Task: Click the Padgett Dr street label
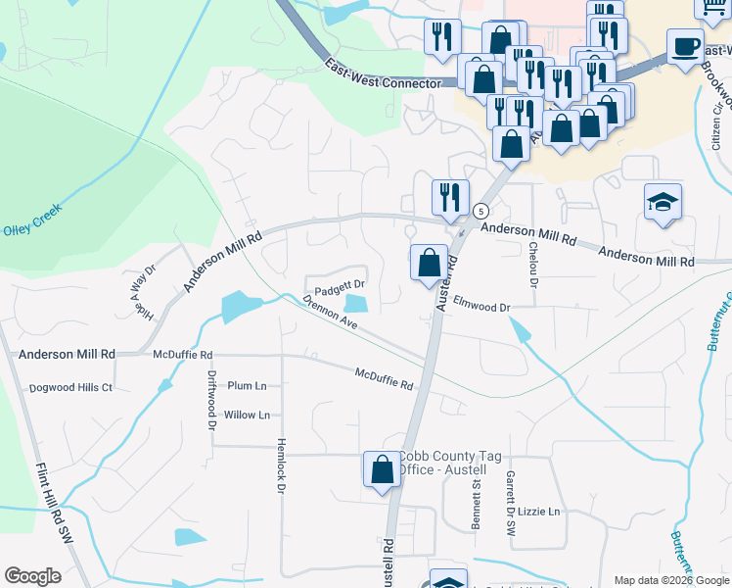tap(340, 284)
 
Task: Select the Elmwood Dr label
tap(483, 308)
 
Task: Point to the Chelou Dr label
tap(533, 266)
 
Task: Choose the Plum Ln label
tap(247, 386)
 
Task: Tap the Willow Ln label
tap(247, 416)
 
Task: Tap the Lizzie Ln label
tap(539, 512)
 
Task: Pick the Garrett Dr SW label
tap(510, 501)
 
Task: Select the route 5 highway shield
tap(480, 211)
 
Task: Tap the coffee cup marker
tap(685, 46)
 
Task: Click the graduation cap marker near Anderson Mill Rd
tap(663, 202)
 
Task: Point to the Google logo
tap(32, 576)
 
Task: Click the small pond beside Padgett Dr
tap(354, 307)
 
